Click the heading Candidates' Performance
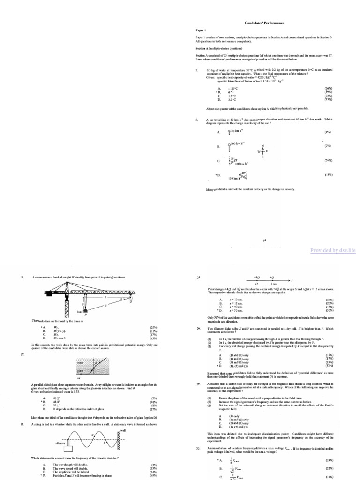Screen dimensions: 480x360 pyautogui.click(x=264, y=23)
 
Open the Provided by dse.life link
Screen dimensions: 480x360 pyautogui.click(x=333, y=251)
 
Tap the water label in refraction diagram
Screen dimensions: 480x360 pyautogui.click(x=81, y=362)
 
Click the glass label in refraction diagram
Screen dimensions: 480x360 pyautogui.click(x=80, y=370)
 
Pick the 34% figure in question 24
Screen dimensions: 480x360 pyautogui.click(x=329, y=299)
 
